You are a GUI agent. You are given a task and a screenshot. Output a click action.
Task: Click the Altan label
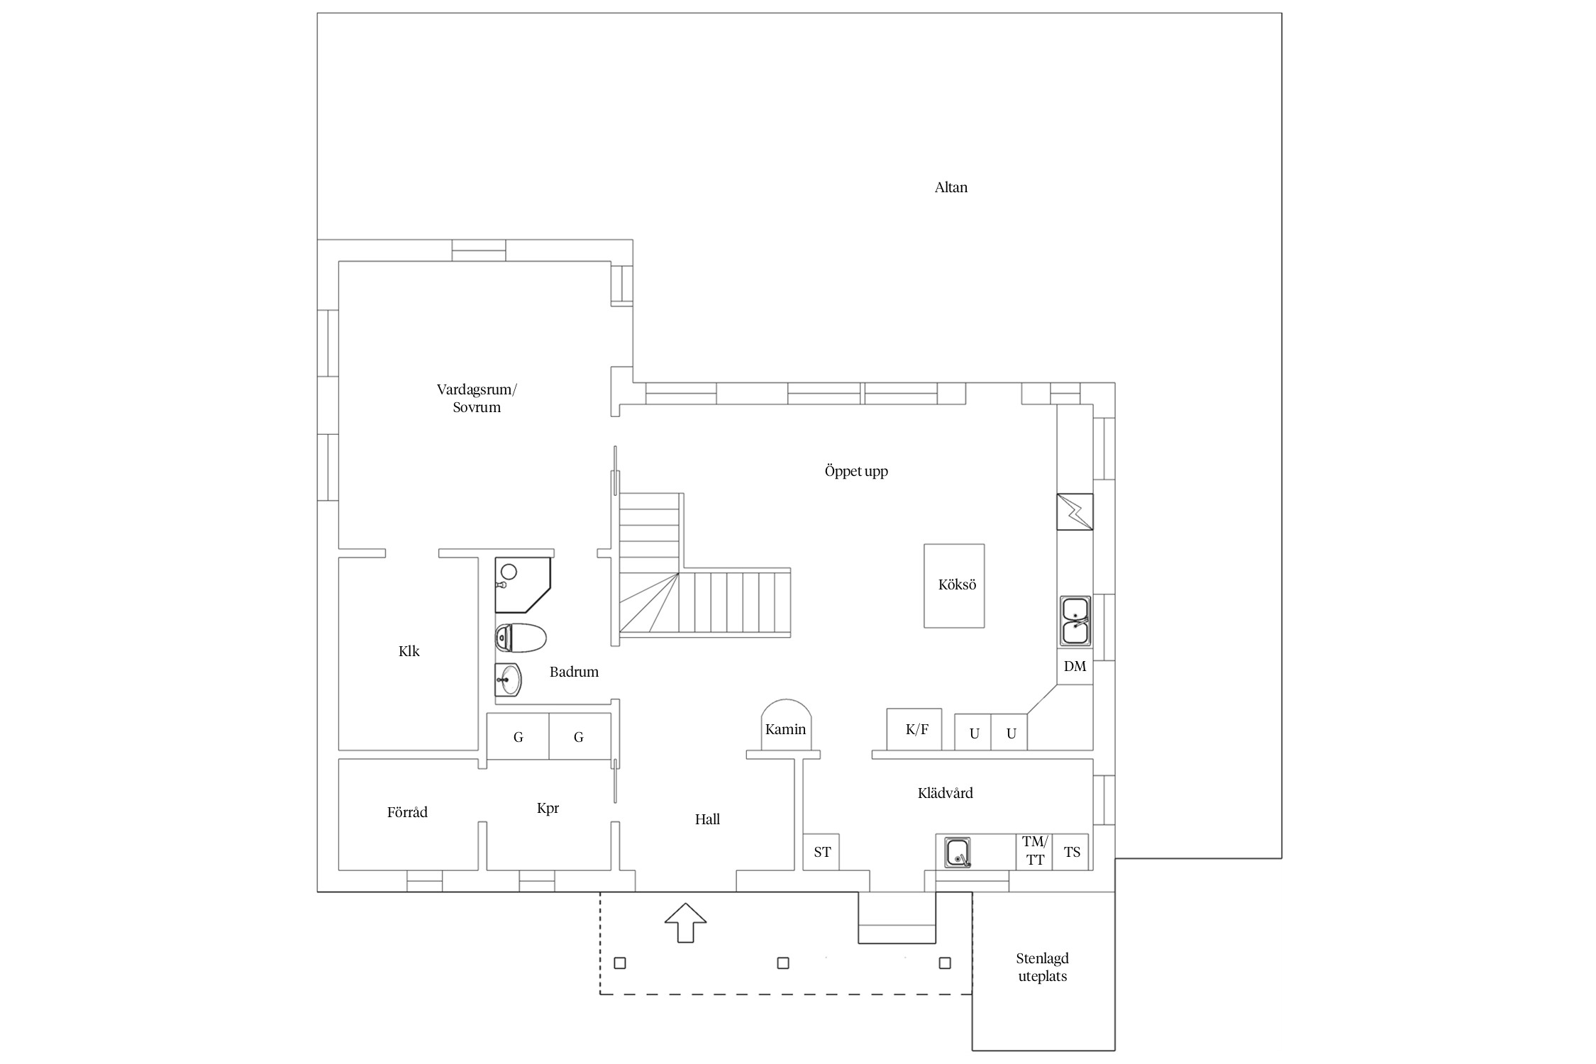(x=951, y=187)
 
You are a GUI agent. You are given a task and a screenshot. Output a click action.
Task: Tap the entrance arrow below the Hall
(x=685, y=922)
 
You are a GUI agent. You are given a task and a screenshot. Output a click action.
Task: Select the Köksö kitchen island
(x=954, y=586)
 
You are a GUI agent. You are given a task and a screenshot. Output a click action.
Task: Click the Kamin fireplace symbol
(x=786, y=725)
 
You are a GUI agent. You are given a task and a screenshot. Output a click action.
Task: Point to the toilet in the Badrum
(x=521, y=638)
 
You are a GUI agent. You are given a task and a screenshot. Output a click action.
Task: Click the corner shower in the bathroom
(x=523, y=585)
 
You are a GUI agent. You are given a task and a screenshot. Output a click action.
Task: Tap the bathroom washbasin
(x=508, y=680)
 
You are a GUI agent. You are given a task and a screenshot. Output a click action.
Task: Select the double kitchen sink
(x=1075, y=621)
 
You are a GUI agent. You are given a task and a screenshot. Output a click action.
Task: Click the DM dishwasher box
(x=1075, y=667)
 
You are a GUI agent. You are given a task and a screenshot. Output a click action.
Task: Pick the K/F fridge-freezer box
(x=914, y=729)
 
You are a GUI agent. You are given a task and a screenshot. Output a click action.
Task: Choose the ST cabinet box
(x=821, y=852)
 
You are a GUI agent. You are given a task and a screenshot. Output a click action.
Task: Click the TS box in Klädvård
(x=1071, y=852)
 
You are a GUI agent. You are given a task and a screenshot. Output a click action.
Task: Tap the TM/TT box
(x=1035, y=851)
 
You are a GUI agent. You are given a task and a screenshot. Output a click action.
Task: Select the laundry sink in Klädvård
(x=958, y=852)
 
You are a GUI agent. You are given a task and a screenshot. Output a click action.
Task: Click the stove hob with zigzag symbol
(x=1075, y=511)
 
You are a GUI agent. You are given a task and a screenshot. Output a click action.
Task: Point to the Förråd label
(x=407, y=813)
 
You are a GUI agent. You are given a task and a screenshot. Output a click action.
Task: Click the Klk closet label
(x=409, y=651)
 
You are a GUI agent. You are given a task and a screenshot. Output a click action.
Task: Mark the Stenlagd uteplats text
(x=1042, y=968)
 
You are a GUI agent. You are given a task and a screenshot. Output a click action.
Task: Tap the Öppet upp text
(x=856, y=472)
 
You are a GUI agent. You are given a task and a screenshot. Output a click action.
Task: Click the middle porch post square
(x=783, y=963)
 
